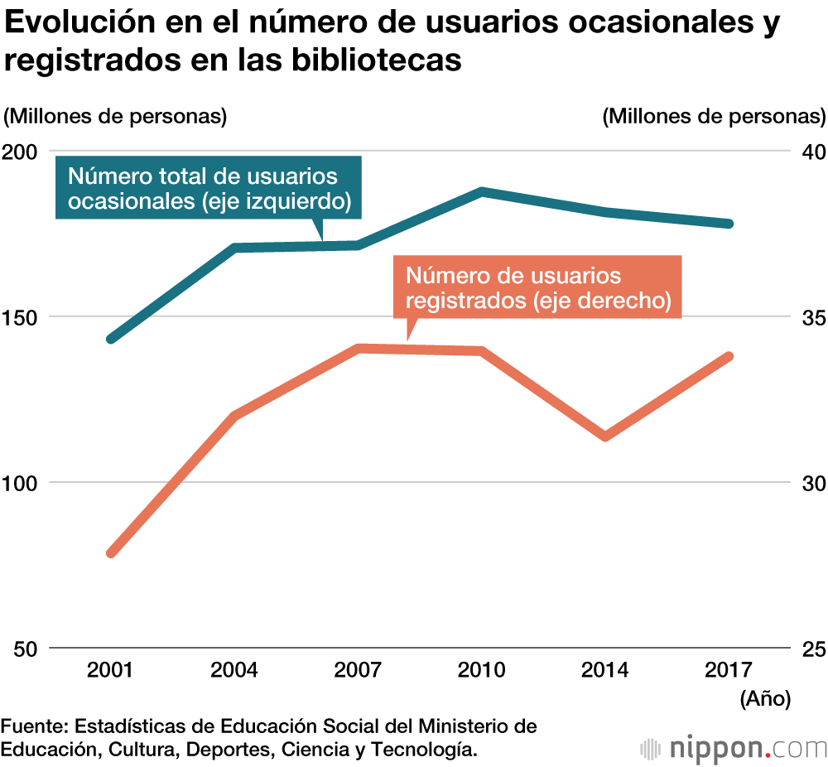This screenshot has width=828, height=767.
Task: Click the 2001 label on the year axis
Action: coord(110,669)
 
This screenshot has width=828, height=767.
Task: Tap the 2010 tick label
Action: coord(482,669)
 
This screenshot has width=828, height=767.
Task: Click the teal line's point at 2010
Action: coord(482,191)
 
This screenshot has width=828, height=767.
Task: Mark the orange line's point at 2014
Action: coord(606,436)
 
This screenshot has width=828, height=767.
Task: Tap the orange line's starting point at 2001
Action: coord(112,552)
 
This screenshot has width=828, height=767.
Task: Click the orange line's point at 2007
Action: coord(358,348)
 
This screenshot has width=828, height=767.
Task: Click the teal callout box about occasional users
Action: coord(208,188)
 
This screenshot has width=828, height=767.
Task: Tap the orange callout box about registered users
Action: coord(537,287)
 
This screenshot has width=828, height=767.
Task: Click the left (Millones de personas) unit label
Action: coord(115,116)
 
